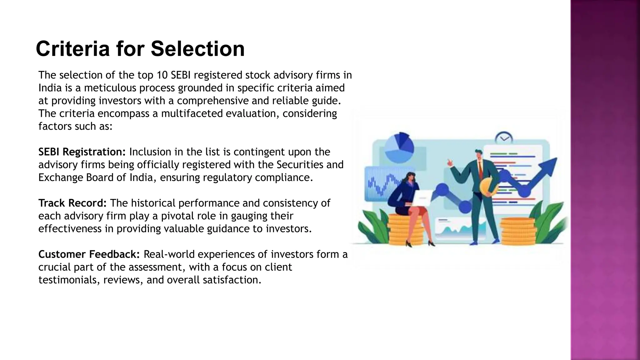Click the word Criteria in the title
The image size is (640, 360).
coord(72,49)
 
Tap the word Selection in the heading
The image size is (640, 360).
coord(197,49)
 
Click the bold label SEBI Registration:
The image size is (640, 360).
coord(82,152)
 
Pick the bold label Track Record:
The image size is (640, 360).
coord(72,203)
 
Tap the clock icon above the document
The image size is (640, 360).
coord(504,137)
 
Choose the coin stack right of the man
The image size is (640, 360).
coord(518,232)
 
